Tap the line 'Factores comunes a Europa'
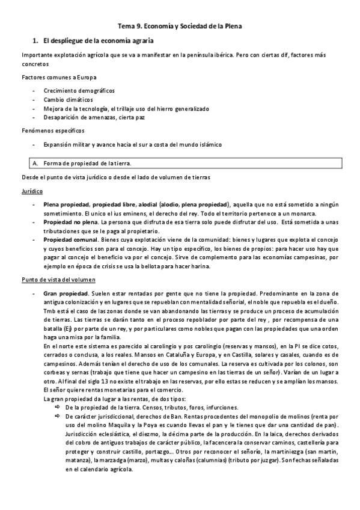[59, 78]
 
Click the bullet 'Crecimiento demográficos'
[79, 90]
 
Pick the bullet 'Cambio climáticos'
[68, 99]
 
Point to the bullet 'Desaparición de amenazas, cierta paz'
[94, 117]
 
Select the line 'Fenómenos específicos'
[53, 131]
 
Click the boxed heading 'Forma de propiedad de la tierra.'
[87, 163]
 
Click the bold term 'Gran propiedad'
[65, 292]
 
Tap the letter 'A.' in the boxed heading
[35, 163]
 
